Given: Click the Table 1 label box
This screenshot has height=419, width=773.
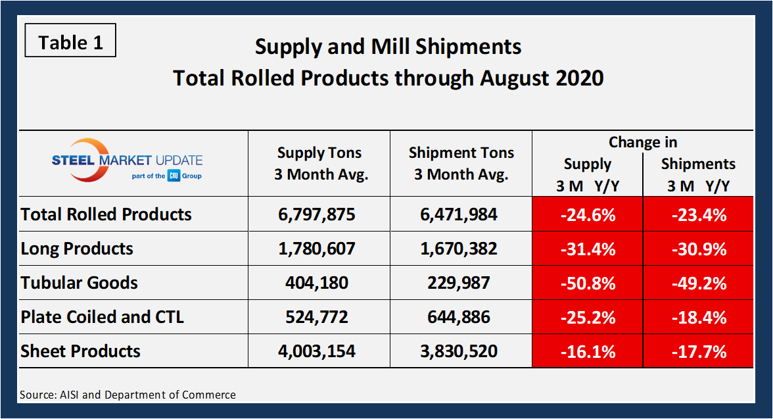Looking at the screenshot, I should (70, 43).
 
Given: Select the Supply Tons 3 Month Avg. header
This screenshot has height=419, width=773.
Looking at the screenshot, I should (319, 164).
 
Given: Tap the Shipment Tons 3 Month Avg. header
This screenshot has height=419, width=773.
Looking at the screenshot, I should (461, 164).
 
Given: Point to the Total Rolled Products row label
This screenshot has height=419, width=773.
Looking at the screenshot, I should (106, 214).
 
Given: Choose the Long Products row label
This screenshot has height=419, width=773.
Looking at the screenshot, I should (77, 249).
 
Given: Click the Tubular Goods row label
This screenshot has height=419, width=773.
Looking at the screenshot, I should (80, 283).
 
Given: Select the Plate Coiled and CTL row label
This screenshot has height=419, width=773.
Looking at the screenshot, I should (103, 317).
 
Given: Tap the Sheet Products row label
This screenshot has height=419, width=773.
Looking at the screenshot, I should (81, 351).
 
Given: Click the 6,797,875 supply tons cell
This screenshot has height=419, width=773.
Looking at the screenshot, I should (319, 214).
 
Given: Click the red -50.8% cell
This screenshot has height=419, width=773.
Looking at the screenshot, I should (588, 283).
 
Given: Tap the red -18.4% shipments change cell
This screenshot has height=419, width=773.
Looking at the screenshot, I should (698, 317).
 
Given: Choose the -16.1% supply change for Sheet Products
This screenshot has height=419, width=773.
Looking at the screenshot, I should (588, 351).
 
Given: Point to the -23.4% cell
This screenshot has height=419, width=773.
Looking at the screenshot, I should (698, 214).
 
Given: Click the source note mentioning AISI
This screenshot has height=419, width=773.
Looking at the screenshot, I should (128, 395).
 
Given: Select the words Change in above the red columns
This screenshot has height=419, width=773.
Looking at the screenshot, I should (642, 142).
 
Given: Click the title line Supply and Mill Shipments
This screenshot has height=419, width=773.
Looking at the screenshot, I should (388, 47).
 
